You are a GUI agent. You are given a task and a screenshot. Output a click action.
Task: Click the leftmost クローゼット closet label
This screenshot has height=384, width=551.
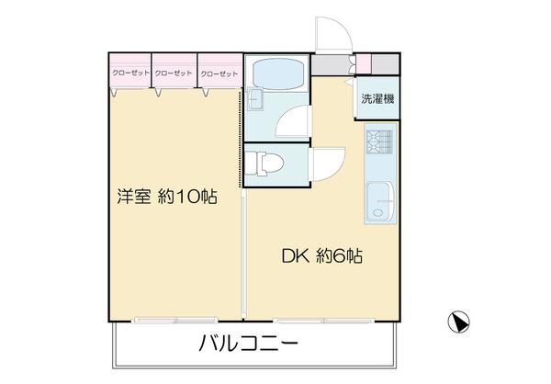(130, 73)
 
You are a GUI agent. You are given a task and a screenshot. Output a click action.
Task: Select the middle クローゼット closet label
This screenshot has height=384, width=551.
(174, 73)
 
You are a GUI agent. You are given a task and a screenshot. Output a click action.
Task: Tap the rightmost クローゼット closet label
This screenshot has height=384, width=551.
(218, 73)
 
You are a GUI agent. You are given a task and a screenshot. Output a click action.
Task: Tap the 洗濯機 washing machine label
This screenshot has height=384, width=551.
(377, 99)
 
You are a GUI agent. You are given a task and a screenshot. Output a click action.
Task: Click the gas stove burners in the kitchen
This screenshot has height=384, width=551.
(378, 142)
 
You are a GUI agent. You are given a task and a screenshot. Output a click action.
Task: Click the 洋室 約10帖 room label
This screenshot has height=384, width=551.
(166, 198)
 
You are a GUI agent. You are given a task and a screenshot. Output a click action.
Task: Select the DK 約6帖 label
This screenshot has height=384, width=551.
(321, 257)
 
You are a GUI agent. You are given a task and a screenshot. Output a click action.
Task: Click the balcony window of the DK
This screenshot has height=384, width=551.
(303, 321)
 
